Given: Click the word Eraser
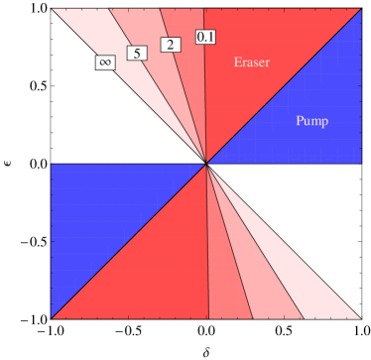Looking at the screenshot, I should click(251, 63).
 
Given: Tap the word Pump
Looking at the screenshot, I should click(311, 122).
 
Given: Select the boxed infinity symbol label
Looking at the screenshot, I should click(104, 62).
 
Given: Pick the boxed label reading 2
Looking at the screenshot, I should click(170, 46).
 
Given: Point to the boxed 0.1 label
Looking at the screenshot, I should click(206, 38).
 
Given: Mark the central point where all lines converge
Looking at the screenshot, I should click(206, 164).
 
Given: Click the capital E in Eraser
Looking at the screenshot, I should click(237, 63).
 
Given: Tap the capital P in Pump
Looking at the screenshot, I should click(300, 122).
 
